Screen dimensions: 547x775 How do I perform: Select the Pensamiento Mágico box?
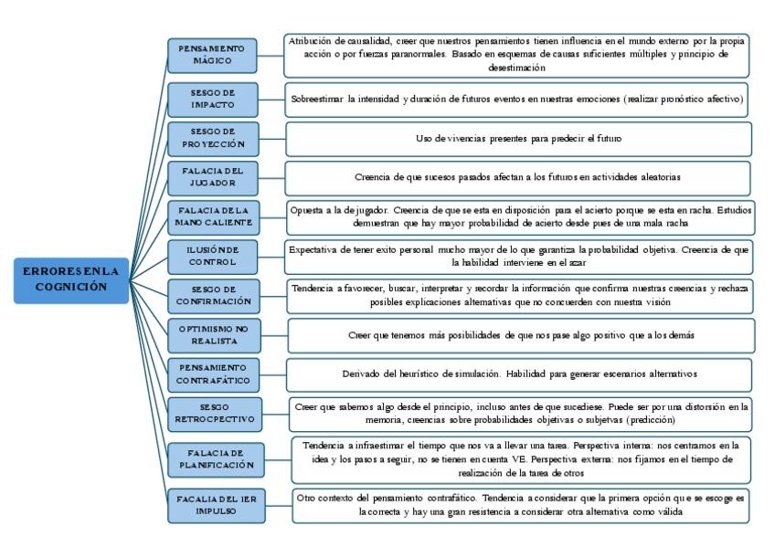[213, 54]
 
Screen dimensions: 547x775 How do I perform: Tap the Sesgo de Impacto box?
[213, 99]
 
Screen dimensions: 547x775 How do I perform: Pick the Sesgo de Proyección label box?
[213, 139]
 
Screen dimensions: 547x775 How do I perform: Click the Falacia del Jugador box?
[213, 177]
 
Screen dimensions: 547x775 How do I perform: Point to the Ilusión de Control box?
[213, 256]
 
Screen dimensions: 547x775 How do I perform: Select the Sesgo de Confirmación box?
[213, 296]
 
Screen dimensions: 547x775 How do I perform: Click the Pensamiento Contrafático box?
[213, 373]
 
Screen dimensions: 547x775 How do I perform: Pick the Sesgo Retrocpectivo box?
[213, 413]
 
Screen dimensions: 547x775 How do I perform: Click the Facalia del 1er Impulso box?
[213, 505]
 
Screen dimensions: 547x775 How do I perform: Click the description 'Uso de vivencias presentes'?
[518, 139]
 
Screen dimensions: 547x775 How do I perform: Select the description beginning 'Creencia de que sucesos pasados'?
[518, 177]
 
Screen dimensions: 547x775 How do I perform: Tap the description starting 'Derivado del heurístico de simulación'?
[518, 373]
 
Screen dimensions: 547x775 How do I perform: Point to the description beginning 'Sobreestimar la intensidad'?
[518, 99]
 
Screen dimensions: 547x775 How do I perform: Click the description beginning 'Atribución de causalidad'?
[518, 54]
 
